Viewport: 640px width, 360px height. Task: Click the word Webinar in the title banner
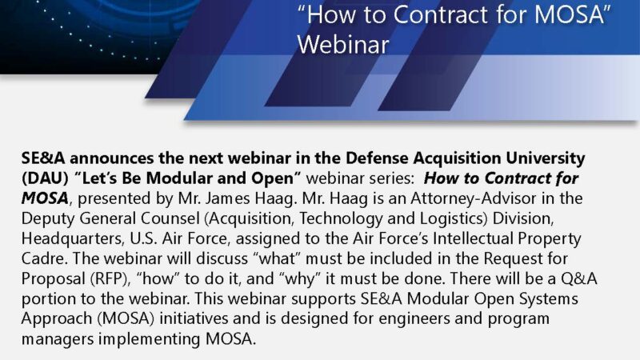point(343,46)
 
